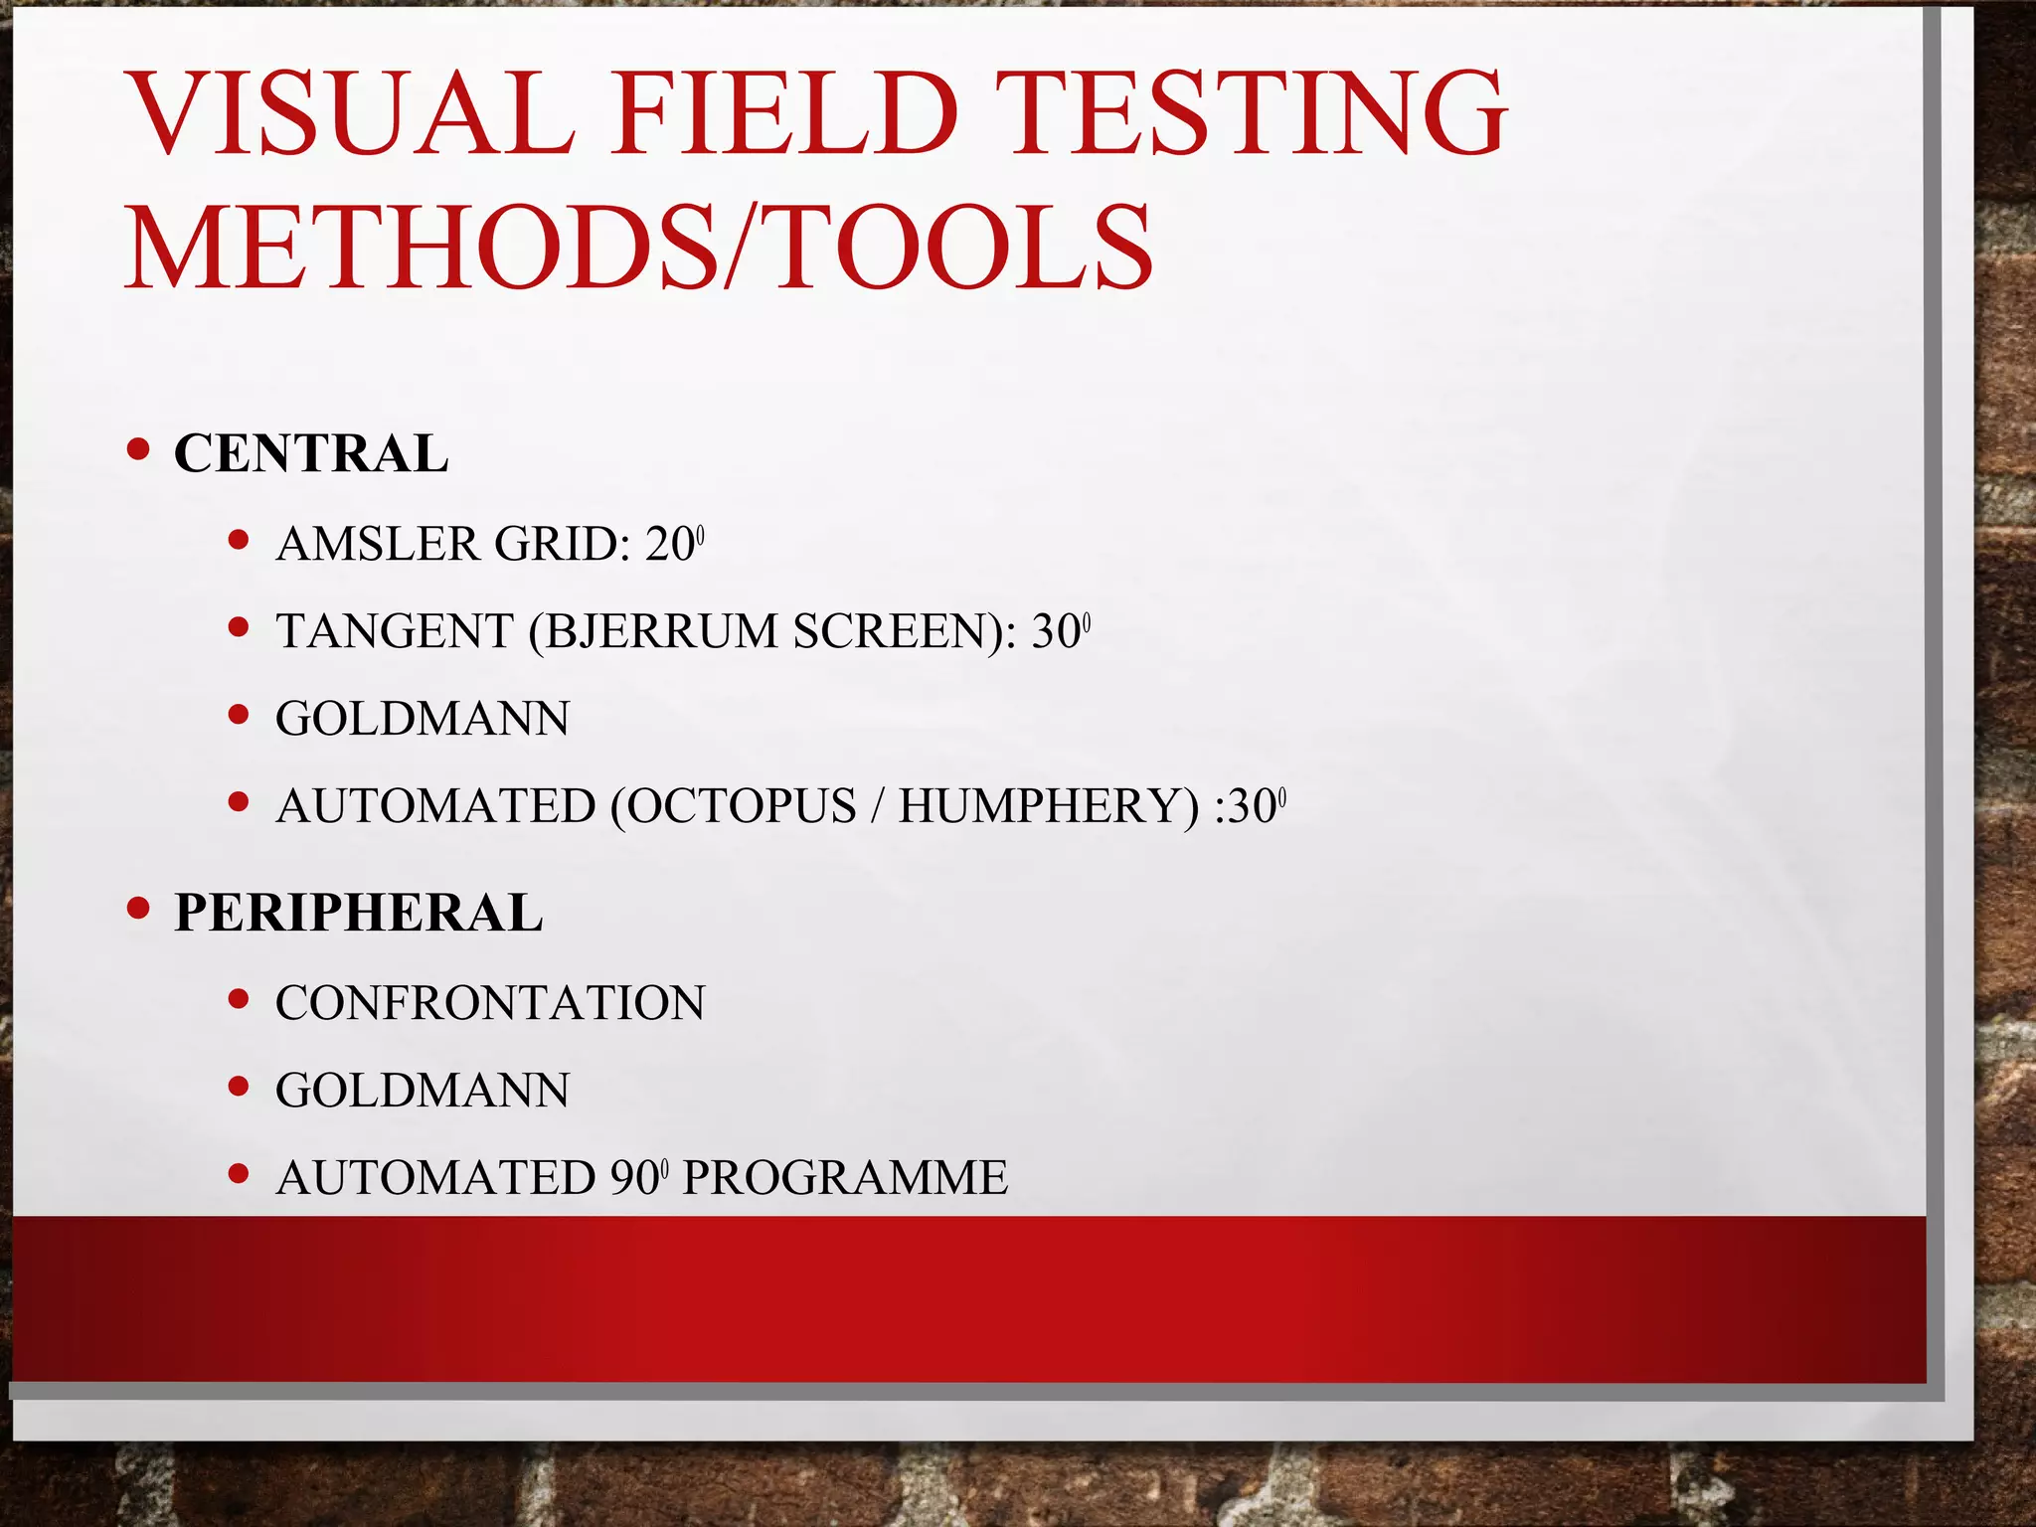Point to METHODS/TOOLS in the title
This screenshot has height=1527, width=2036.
(639, 246)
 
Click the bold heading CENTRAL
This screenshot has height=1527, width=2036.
(311, 454)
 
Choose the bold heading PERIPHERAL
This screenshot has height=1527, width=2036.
(358, 913)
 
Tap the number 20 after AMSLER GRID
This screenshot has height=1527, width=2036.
(668, 545)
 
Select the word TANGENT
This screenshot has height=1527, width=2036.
(394, 632)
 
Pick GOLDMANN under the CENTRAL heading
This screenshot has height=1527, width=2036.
(423, 719)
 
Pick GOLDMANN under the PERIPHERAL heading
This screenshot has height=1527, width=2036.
(423, 1091)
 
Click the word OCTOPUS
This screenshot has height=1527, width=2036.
(741, 806)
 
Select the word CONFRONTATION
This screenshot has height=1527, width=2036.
(490, 1003)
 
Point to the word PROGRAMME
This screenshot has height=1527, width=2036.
(845, 1178)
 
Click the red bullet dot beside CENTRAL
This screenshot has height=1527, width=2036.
(139, 450)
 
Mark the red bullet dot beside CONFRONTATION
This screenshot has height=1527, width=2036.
(239, 999)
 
